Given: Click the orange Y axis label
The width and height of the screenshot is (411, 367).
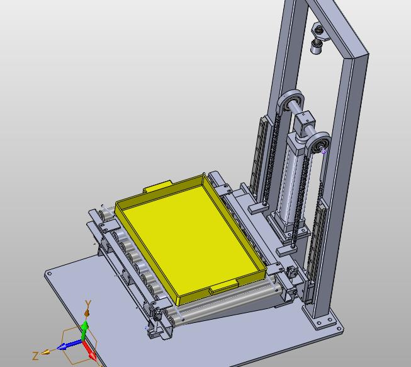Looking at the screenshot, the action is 88,304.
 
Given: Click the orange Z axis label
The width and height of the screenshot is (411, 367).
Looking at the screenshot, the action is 35,356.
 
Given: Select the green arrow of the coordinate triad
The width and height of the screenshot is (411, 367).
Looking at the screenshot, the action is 85,330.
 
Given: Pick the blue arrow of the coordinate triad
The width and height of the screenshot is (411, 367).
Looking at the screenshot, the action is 69,345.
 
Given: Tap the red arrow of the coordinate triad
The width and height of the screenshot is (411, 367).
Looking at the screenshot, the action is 89,350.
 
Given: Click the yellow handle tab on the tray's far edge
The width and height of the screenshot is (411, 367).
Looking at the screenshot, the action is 157,186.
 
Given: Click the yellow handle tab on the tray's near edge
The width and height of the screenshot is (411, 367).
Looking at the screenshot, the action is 223,286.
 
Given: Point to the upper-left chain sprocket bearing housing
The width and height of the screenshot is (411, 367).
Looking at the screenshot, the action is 290,100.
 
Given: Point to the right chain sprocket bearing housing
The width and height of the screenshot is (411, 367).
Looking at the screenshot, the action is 318,143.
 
